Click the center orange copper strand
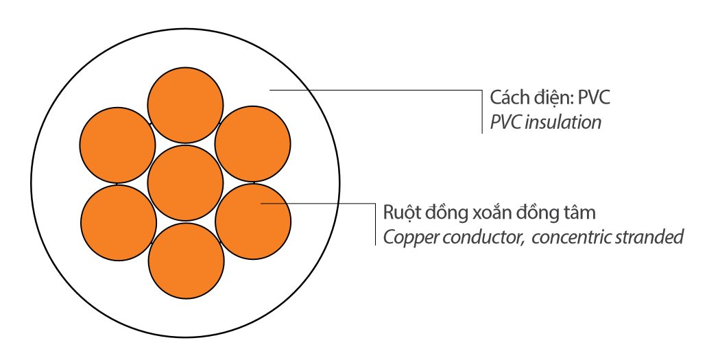(186, 182)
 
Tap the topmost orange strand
(186, 104)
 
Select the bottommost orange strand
(186, 261)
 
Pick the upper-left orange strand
(117, 144)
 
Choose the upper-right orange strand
(252, 144)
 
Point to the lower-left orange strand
(118, 221)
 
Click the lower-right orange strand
(252, 221)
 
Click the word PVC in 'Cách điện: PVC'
(594, 97)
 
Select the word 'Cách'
(506, 97)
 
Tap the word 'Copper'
(405, 237)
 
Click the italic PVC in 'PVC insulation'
(505, 122)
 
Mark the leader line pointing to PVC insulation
(377, 90)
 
